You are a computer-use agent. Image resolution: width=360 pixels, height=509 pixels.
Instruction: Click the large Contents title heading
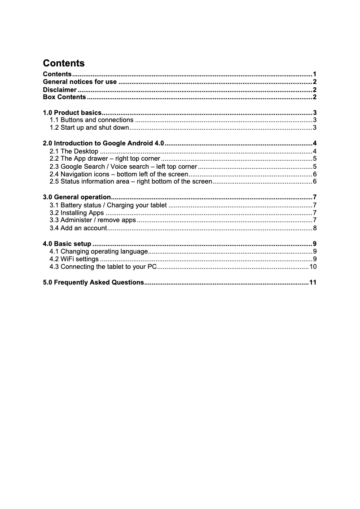pos(63,63)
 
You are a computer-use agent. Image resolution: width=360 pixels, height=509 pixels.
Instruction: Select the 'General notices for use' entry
pos(80,82)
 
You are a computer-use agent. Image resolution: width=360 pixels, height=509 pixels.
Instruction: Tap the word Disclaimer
pos(59,90)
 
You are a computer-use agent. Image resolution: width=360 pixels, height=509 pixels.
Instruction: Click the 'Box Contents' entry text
pos(64,97)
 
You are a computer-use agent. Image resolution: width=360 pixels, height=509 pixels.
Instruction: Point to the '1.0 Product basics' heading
pos(72,113)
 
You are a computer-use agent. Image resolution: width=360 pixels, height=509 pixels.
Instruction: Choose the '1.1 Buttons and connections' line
pos(92,120)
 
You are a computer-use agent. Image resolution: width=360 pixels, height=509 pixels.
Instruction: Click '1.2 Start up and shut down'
pos(89,128)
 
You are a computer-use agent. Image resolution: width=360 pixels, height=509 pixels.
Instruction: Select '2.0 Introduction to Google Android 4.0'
pos(104,144)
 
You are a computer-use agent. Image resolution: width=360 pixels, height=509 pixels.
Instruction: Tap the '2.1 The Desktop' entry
pos(74,151)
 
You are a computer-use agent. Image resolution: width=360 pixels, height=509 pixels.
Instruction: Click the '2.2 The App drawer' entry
pos(105,159)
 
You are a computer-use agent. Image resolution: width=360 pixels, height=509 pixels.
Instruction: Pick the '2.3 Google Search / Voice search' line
pos(123,167)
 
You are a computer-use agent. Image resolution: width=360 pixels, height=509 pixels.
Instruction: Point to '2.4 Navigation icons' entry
pos(119,174)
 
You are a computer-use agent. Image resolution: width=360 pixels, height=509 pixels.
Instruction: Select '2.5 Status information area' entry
pos(131,182)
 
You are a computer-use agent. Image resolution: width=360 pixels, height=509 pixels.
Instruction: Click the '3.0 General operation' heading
pos(77,197)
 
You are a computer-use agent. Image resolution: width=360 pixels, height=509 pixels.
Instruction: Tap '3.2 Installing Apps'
pos(77,213)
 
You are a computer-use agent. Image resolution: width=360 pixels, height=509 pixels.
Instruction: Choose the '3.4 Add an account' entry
pos(78,228)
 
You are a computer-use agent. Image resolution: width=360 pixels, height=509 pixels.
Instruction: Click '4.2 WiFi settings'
pos(74,259)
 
